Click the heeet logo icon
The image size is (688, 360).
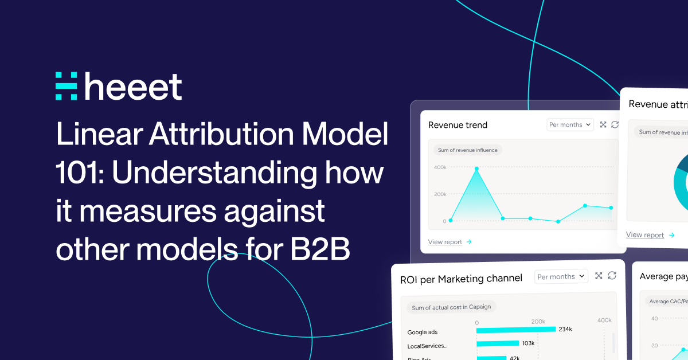tap(66, 87)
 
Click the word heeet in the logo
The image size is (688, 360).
tap(133, 87)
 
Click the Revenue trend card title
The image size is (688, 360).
tap(458, 125)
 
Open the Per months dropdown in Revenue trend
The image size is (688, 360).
tap(569, 124)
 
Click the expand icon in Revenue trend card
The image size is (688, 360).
tap(603, 124)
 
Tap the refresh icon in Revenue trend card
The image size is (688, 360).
tap(615, 124)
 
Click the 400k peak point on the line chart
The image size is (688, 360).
tap(476, 169)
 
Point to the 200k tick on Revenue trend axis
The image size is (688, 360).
tap(440, 194)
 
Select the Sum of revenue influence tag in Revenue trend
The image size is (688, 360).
tap(467, 150)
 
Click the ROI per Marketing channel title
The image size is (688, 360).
tap(461, 279)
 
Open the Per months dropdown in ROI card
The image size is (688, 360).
tap(561, 276)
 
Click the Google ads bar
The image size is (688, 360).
tap(516, 330)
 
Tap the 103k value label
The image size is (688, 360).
tap(528, 343)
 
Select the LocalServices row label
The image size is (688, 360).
tap(427, 346)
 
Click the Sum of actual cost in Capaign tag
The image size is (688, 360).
tap(451, 307)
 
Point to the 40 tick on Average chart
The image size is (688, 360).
tap(654, 319)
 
